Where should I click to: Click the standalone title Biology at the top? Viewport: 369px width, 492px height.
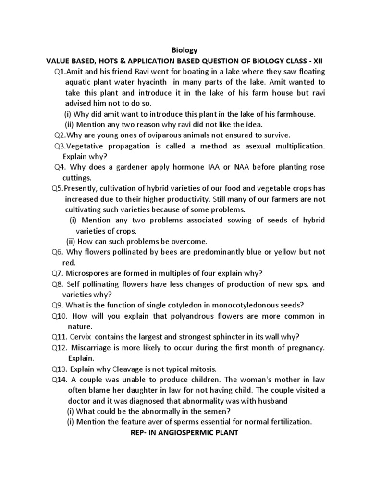[184, 50]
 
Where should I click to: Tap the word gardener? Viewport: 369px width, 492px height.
[122, 167]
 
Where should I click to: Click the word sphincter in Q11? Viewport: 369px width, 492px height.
[243, 336]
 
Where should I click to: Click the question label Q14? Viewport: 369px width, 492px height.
[60, 380]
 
